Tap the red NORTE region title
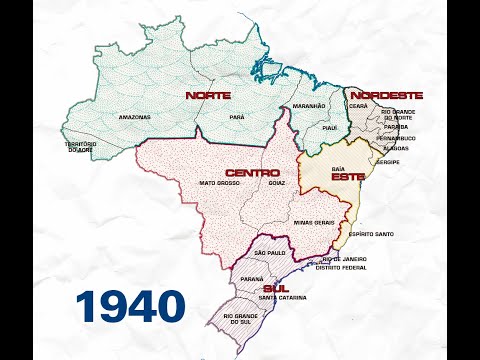click(x=208, y=95)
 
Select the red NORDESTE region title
click(x=388, y=95)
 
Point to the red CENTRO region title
click(x=251, y=172)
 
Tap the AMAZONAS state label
click(x=134, y=117)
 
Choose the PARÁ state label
click(x=236, y=117)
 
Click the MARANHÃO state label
click(x=309, y=105)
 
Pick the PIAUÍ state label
click(x=330, y=128)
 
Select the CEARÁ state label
click(x=359, y=106)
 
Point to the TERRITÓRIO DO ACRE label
click(x=82, y=147)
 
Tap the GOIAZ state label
click(x=277, y=184)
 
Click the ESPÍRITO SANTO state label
click(x=371, y=234)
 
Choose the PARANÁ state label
click(x=252, y=279)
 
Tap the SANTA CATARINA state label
click(x=282, y=298)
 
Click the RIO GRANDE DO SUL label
click(x=233, y=319)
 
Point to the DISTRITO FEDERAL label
click(x=341, y=268)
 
